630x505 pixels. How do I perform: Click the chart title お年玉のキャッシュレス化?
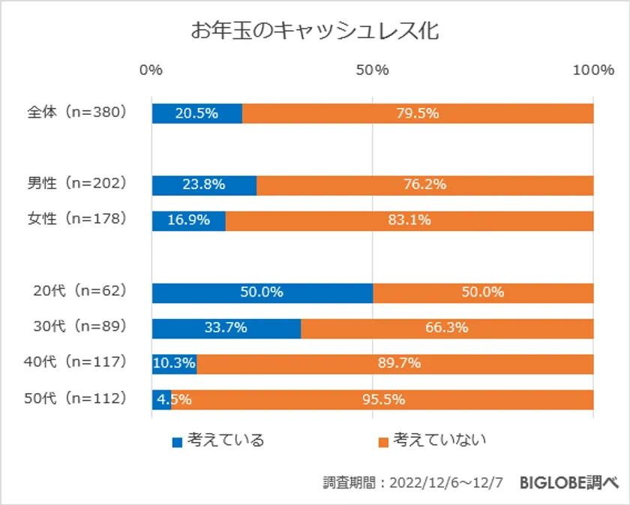tap(314, 32)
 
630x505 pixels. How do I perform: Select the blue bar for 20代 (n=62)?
tap(262, 293)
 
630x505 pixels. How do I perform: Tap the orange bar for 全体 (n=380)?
tap(418, 113)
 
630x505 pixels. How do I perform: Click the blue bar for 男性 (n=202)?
tap(204, 185)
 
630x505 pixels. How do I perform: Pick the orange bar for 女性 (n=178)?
tap(409, 221)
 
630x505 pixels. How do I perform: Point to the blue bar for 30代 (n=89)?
tap(226, 329)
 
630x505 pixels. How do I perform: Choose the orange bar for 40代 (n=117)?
tap(394, 364)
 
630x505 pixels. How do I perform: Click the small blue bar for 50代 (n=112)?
tap(161, 400)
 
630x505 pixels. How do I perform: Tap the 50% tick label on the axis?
tap(373, 71)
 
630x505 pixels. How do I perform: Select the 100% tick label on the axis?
tap(592, 71)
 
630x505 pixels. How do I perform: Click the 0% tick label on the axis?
tap(151, 71)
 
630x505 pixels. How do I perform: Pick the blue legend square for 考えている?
tap(177, 442)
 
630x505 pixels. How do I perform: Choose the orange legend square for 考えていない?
tap(382, 442)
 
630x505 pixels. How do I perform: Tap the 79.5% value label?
tap(418, 113)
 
